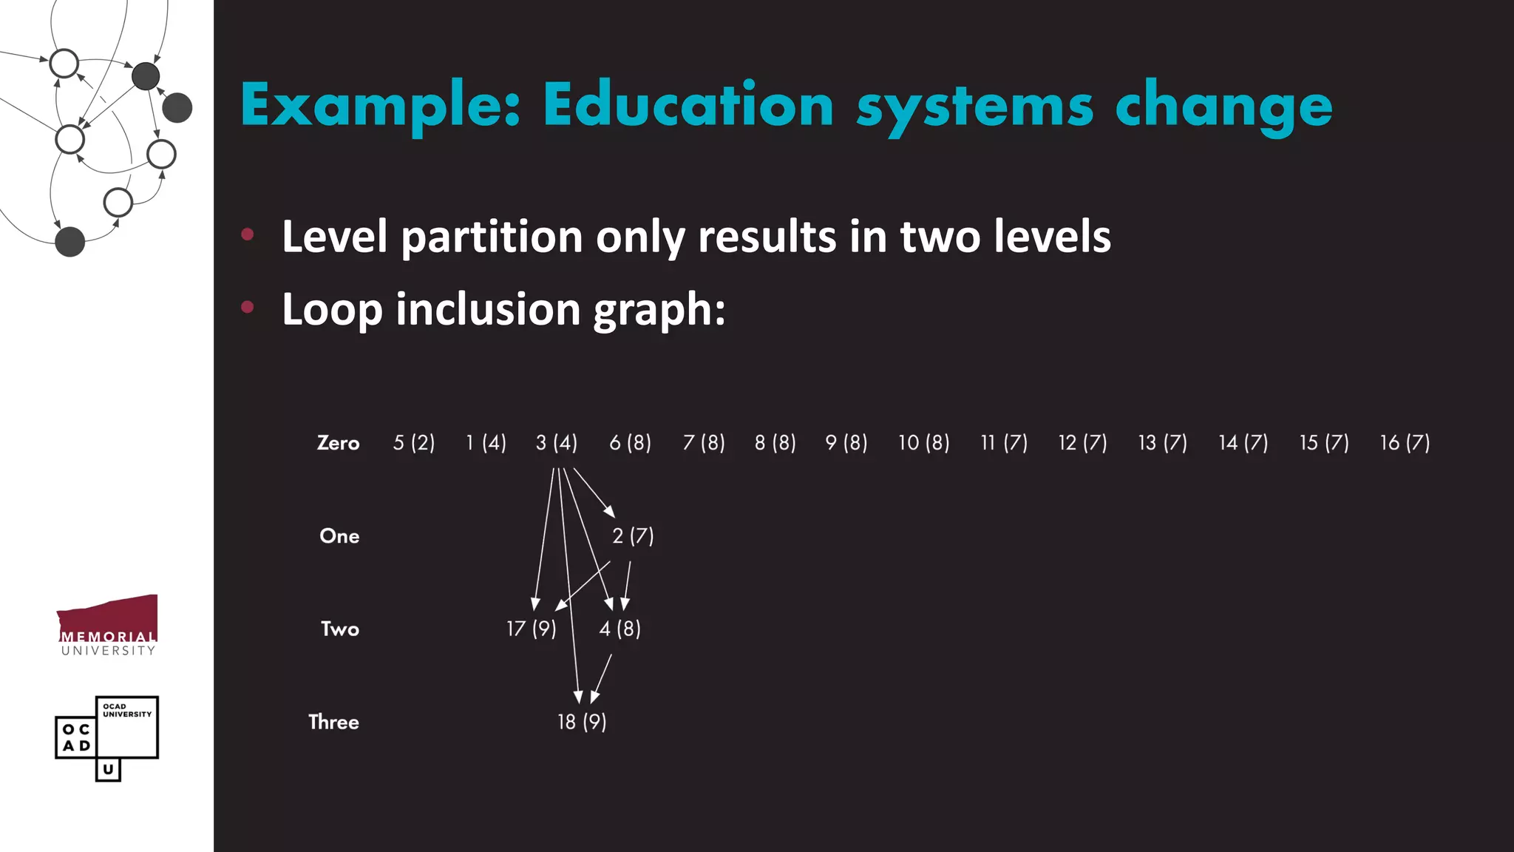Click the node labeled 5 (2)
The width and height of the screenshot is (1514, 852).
click(x=414, y=442)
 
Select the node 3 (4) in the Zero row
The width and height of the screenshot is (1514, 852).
click(x=557, y=442)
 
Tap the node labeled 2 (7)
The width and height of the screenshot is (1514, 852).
click(x=633, y=535)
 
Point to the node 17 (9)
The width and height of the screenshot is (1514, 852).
click(x=531, y=629)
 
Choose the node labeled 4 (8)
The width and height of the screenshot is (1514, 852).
click(x=619, y=629)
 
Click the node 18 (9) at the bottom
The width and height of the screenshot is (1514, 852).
click(x=582, y=722)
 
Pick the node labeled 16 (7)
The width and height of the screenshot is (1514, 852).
click(x=1405, y=442)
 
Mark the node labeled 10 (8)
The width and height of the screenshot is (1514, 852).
click(x=923, y=442)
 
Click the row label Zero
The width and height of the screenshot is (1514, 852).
click(x=338, y=442)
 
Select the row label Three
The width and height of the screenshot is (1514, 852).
click(x=333, y=722)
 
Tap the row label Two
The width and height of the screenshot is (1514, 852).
click(x=339, y=629)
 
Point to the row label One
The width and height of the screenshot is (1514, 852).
click(x=339, y=535)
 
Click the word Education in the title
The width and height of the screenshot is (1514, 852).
click(x=688, y=105)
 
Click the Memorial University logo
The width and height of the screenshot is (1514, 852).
click(x=108, y=626)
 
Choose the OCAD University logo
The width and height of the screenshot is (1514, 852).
click(x=107, y=737)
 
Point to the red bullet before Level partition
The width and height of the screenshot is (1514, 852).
click(x=248, y=235)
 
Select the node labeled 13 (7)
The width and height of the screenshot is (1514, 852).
click(x=1162, y=442)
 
